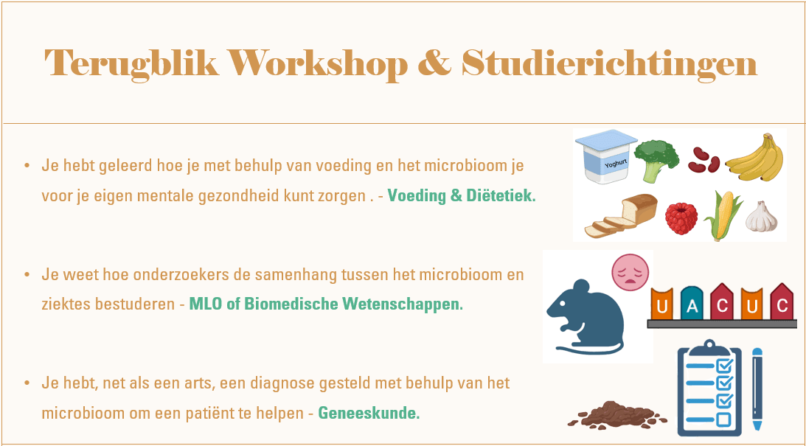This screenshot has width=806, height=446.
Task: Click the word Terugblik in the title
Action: tap(132, 64)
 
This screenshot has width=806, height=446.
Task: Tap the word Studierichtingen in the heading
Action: tap(609, 64)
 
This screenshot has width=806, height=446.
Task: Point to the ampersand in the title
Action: tap(434, 64)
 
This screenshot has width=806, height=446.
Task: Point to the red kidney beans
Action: tap(703, 158)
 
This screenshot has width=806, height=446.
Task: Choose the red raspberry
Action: tap(681, 218)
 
